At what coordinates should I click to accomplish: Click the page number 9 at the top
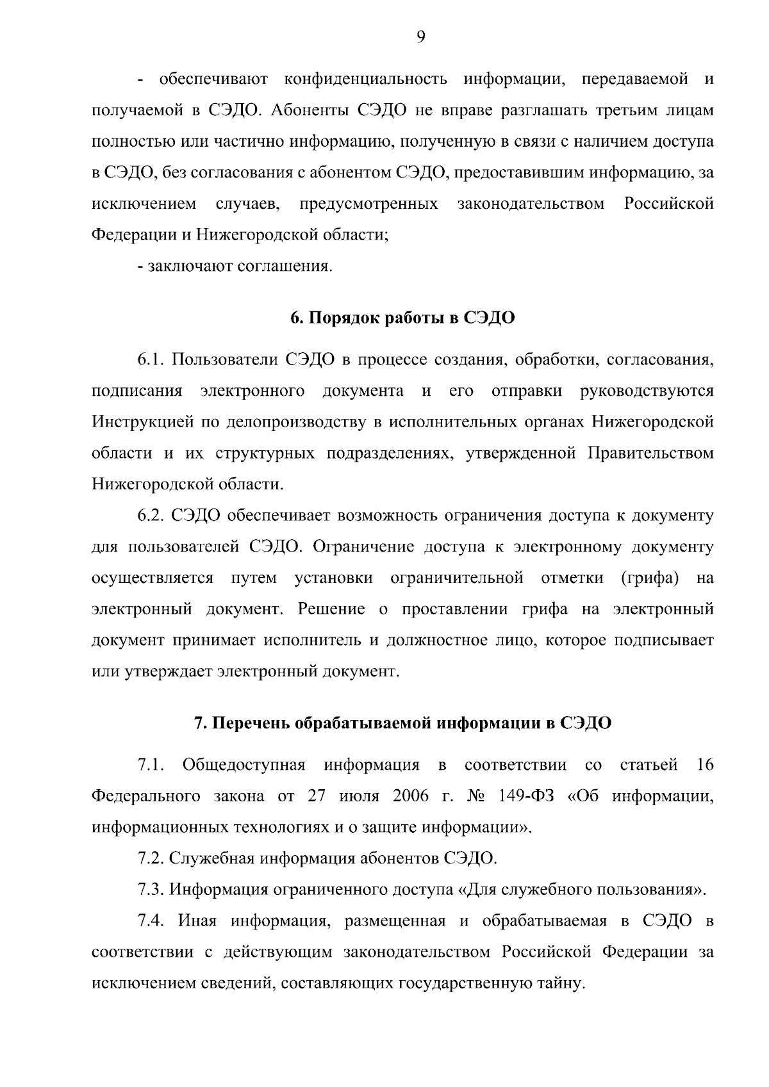coord(420,37)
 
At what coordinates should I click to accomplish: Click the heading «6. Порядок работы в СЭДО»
coord(402,318)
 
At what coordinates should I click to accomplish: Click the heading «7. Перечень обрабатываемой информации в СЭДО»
coord(402,724)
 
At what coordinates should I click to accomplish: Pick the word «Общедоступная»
coord(244,765)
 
